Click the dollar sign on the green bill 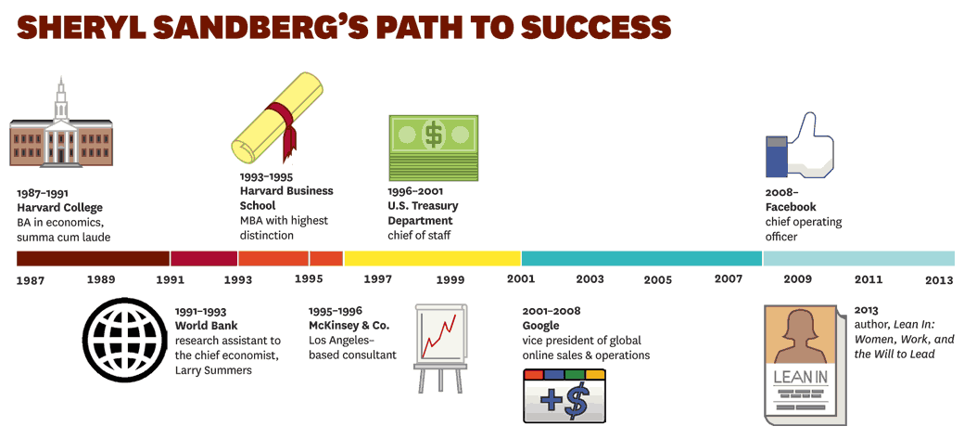tap(434, 134)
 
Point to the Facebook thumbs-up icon tap(799, 147)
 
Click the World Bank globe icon tap(125, 341)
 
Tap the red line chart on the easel tap(439, 336)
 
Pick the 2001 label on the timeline tap(521, 279)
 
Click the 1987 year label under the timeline tap(30, 280)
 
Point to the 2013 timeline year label tap(939, 280)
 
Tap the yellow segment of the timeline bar tap(432, 259)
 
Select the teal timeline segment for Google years tap(641, 259)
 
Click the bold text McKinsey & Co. tap(349, 325)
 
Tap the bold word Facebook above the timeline tap(791, 207)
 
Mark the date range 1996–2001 tap(415, 191)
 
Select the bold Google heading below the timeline tap(541, 326)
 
